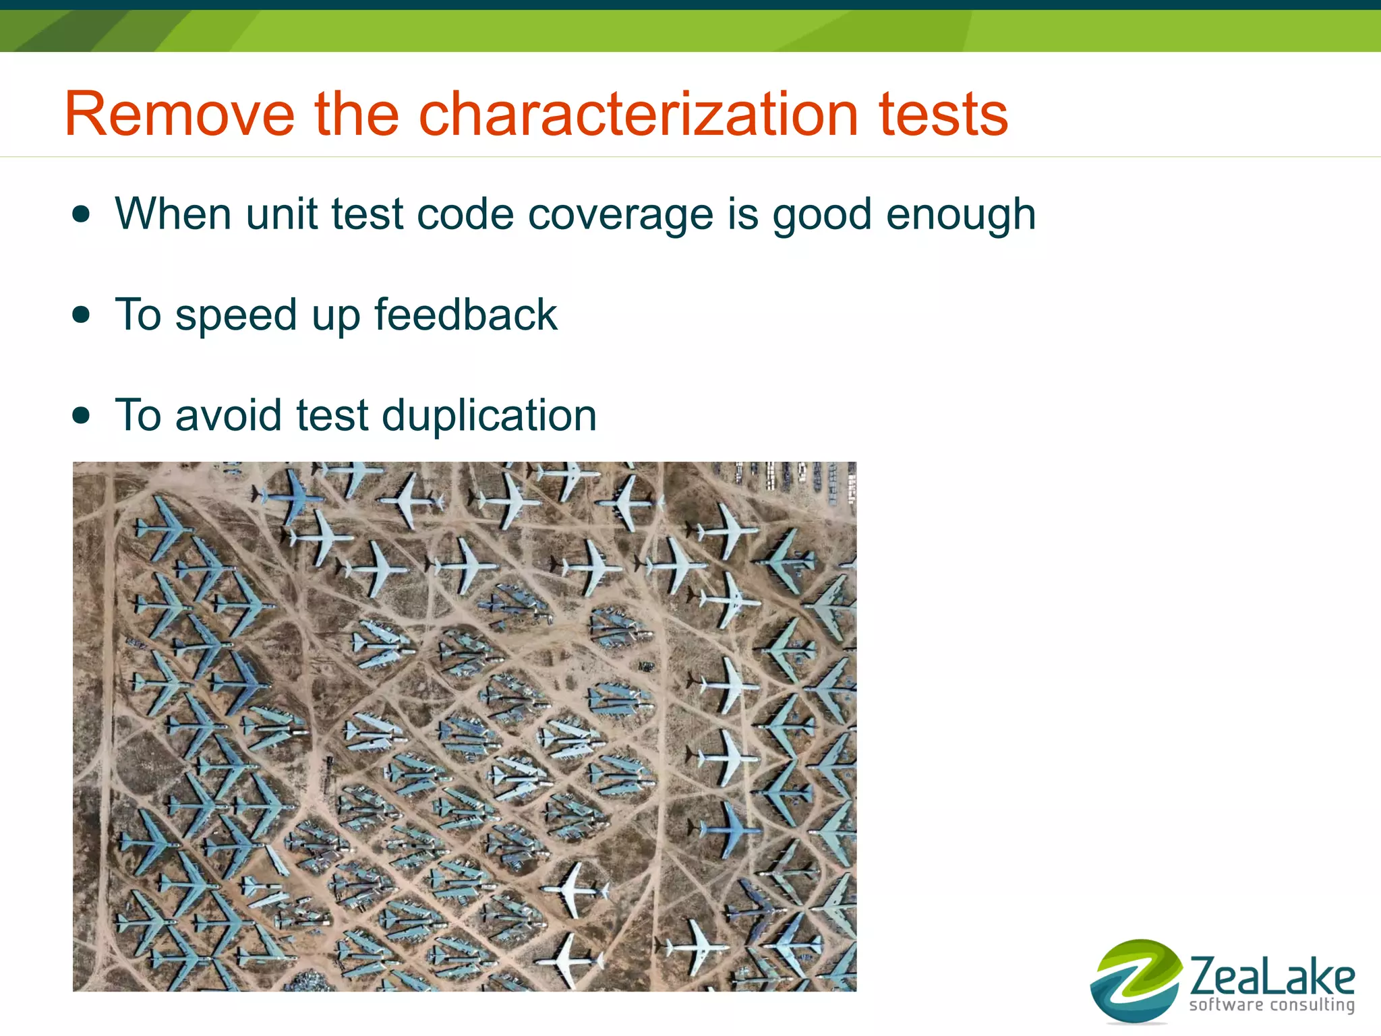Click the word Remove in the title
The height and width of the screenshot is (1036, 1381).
pyautogui.click(x=179, y=115)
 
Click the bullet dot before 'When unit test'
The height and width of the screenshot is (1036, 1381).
pyautogui.click(x=81, y=214)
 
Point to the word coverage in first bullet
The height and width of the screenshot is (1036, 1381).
pyautogui.click(x=620, y=216)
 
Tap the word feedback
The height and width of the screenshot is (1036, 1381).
pyautogui.click(x=465, y=315)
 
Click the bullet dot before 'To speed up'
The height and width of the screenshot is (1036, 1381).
pyautogui.click(x=81, y=315)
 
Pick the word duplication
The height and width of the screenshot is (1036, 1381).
pyautogui.click(x=489, y=416)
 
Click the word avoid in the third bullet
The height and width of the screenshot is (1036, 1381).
pyautogui.click(x=228, y=416)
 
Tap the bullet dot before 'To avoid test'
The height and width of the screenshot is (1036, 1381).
pyautogui.click(x=81, y=415)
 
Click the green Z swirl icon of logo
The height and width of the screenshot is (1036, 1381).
pyautogui.click(x=1136, y=981)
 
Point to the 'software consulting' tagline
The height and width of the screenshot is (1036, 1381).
pyautogui.click(x=1272, y=1005)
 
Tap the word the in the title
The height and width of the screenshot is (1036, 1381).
pyautogui.click(x=357, y=115)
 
